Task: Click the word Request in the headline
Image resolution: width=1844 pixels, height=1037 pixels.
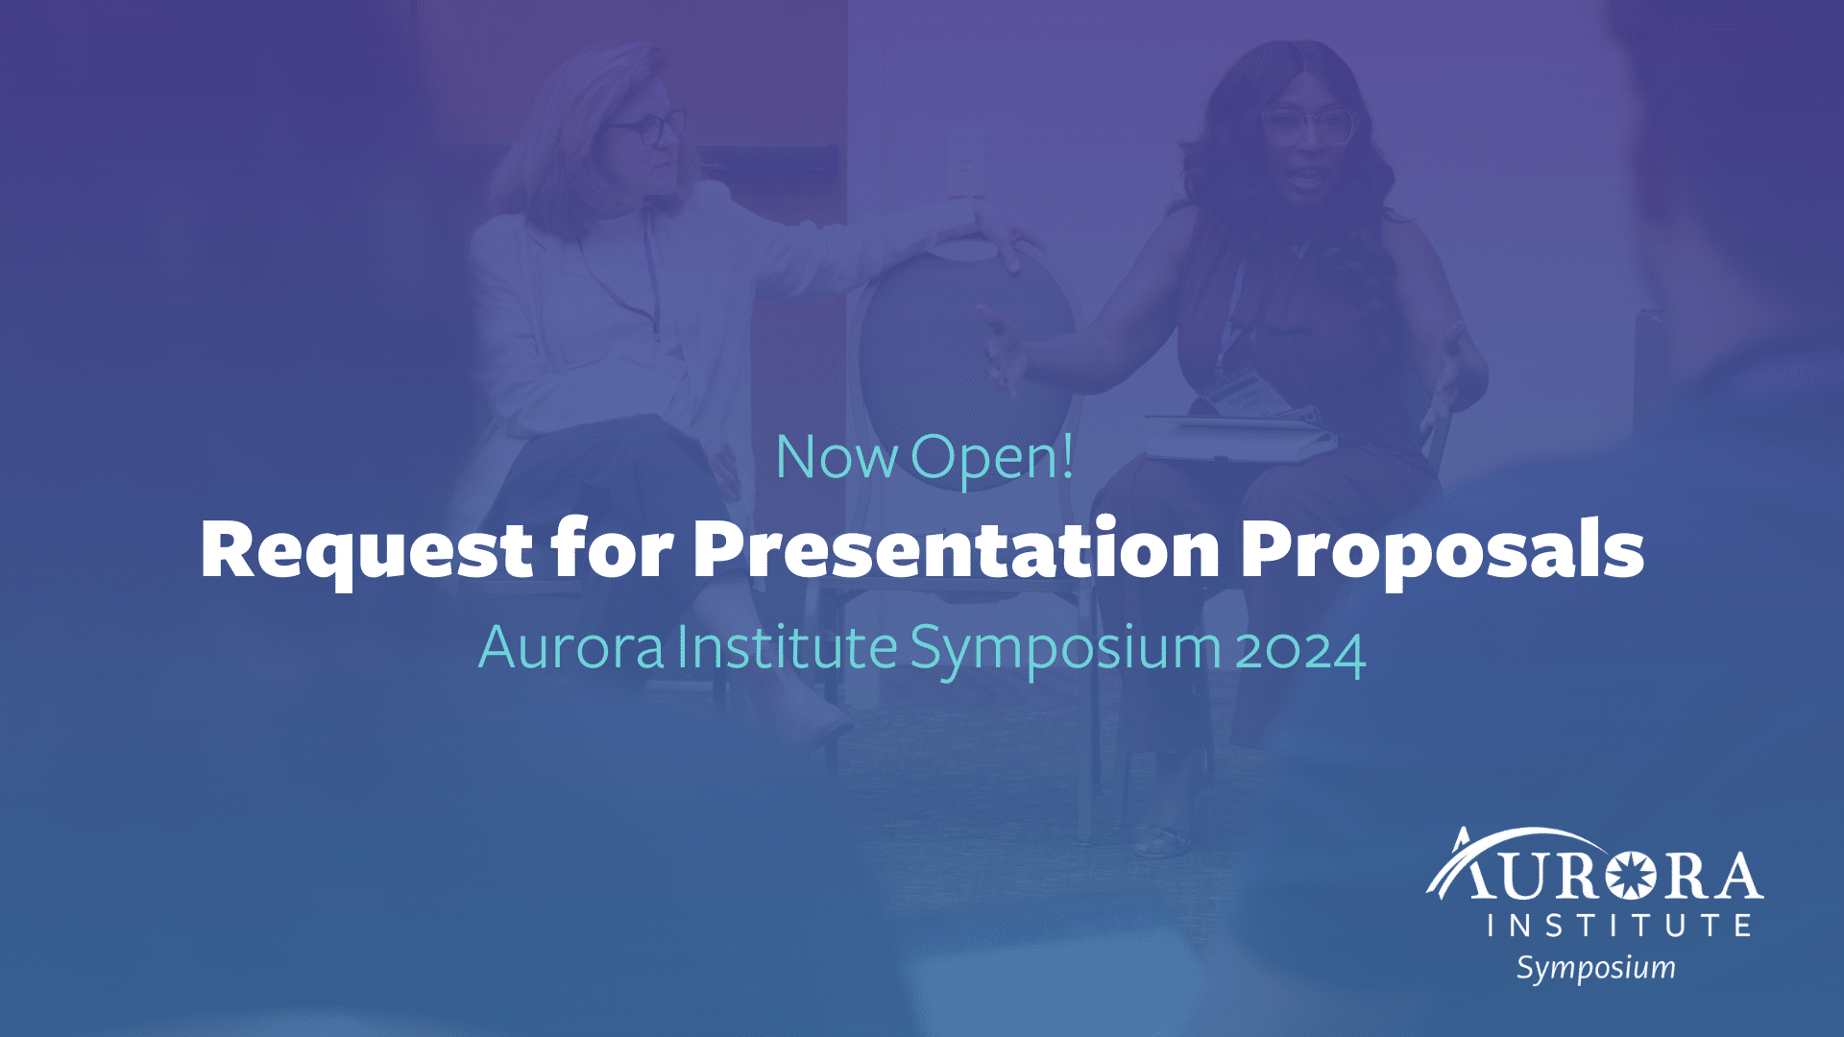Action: [366, 549]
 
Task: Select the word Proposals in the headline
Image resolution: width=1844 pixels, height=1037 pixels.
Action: [1442, 549]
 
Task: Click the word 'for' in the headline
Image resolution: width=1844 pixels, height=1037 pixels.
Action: [612, 549]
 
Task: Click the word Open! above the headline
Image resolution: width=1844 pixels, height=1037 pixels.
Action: [992, 459]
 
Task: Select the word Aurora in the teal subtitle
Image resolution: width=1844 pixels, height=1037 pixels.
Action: [571, 647]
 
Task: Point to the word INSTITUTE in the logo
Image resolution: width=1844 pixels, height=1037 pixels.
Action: [1619, 926]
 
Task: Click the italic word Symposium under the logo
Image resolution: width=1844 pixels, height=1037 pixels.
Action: [1595, 968]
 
